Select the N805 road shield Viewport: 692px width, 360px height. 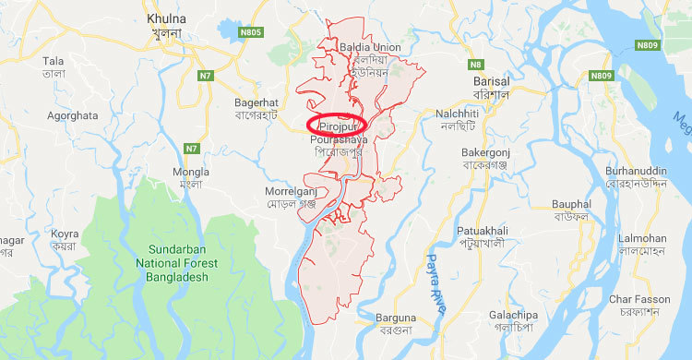click(251, 32)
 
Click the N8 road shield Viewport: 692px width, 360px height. click(475, 64)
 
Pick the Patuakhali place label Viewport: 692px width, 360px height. click(480, 234)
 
